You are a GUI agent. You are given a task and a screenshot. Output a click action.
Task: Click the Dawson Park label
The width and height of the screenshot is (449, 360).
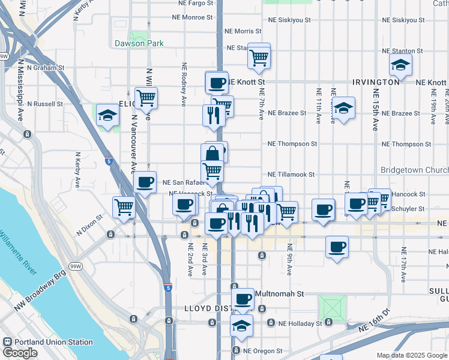[139, 43]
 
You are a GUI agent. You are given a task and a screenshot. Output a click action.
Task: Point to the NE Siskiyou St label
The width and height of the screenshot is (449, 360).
[289, 20]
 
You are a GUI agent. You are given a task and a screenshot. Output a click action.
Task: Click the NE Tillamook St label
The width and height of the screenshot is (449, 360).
[291, 174]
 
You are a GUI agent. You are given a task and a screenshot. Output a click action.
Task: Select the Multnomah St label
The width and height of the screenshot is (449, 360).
[280, 295]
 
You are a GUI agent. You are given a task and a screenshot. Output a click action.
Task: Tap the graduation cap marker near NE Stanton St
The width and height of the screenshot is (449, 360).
[400, 64]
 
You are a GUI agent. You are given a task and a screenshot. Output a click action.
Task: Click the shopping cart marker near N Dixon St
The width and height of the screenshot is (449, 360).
[124, 207]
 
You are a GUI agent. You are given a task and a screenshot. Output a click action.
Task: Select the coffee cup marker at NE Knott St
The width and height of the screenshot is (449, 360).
[217, 82]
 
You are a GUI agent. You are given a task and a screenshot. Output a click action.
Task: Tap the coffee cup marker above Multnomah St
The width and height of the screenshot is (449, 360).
[243, 298]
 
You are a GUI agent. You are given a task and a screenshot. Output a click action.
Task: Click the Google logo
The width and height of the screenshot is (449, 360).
[20, 353]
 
